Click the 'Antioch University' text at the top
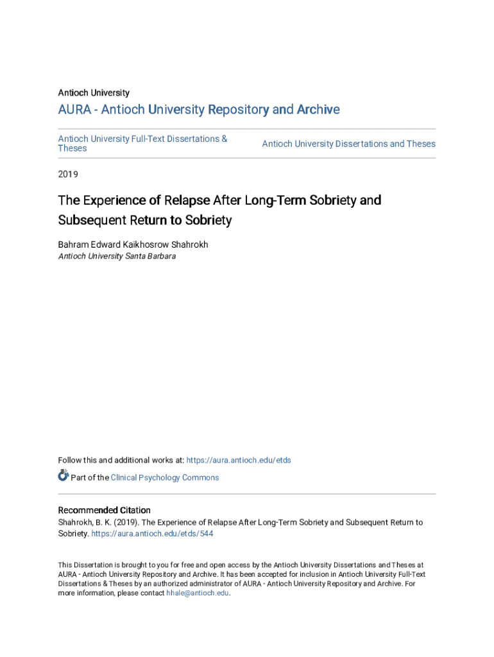(94, 93)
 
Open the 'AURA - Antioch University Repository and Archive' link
(199, 110)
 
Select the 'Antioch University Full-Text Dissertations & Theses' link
(142, 143)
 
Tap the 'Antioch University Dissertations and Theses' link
(348, 144)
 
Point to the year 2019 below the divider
(68, 174)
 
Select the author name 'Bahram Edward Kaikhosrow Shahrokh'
(133, 244)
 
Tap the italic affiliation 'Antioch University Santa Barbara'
(117, 256)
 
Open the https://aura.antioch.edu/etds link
(239, 460)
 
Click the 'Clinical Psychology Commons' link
(165, 477)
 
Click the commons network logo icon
(63, 475)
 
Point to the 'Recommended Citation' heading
(104, 511)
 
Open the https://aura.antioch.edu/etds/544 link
(153, 533)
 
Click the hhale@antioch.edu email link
(197, 593)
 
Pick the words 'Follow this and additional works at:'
(121, 460)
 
